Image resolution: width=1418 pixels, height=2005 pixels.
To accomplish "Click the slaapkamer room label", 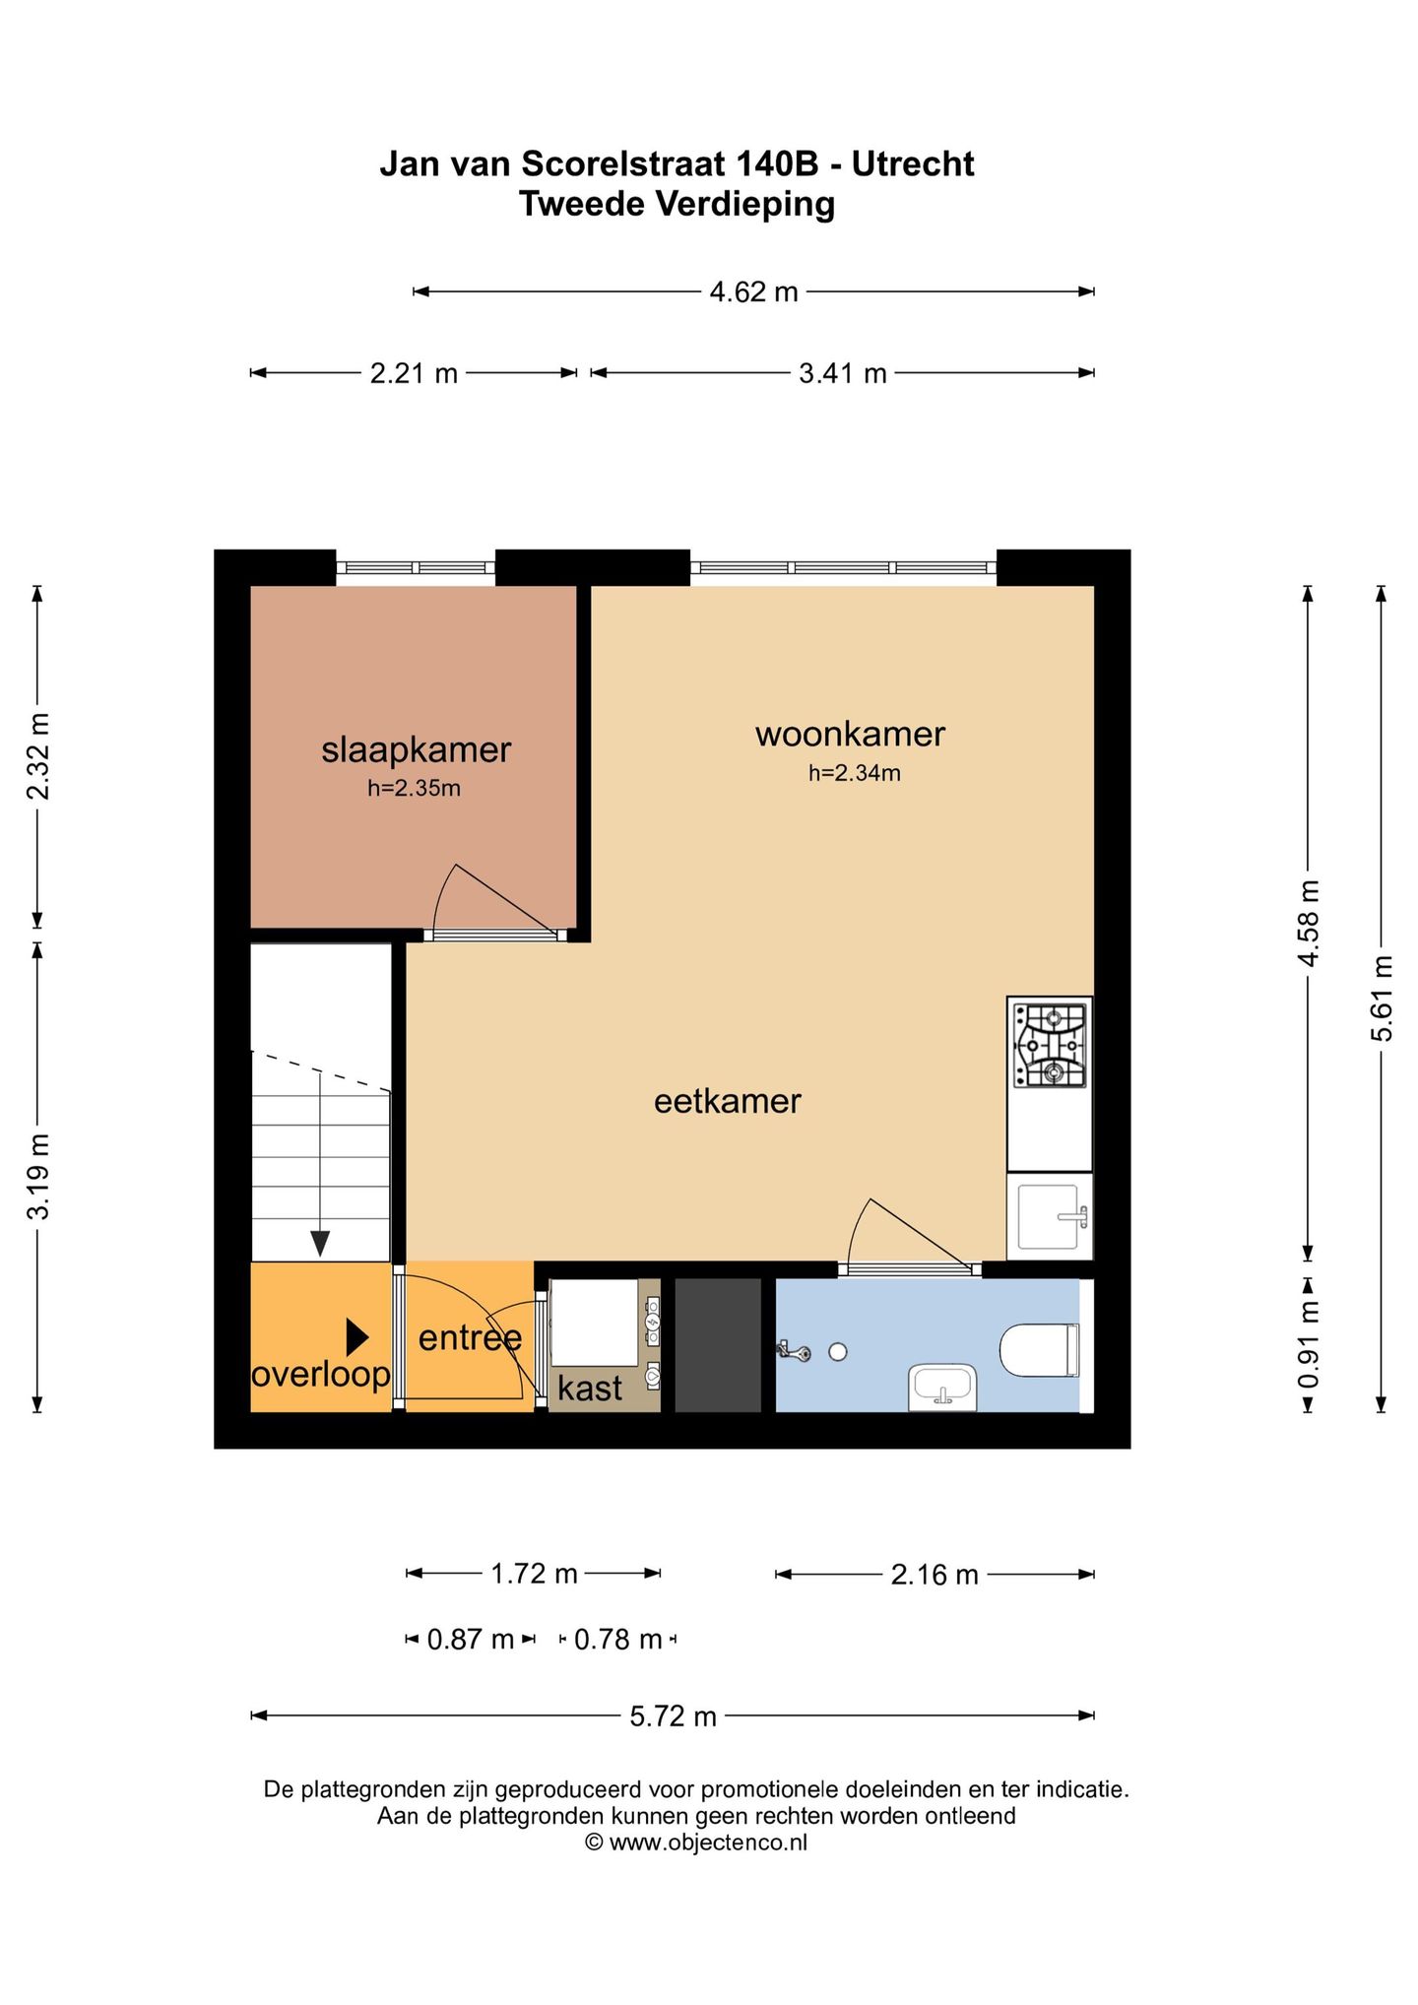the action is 416,750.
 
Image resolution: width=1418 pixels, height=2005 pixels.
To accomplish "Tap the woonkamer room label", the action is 850,734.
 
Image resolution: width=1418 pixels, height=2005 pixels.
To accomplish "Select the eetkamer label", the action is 728,1101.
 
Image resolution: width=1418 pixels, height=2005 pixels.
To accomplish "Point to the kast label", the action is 590,1388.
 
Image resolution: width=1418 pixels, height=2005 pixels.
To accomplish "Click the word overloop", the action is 321,1375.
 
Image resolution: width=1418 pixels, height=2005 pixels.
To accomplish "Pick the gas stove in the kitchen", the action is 1050,1045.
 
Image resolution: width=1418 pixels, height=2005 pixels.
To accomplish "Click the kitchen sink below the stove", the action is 1050,1216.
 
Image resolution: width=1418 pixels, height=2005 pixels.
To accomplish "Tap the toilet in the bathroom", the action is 1040,1349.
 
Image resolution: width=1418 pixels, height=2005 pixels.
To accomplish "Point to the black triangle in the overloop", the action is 356,1337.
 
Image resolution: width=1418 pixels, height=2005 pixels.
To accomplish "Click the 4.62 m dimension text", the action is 753,291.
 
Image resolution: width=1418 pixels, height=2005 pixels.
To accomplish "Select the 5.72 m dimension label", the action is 674,1716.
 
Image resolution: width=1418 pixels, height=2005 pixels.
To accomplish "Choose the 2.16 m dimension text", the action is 935,1575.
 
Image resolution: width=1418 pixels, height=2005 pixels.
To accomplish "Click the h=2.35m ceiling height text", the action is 415,788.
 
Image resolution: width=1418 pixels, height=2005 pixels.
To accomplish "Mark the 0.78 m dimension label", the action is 617,1640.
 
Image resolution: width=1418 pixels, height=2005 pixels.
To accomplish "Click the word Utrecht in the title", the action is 913,163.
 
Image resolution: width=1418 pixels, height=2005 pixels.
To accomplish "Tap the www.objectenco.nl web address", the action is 708,1843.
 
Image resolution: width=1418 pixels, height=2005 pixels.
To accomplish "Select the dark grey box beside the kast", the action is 718,1345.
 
